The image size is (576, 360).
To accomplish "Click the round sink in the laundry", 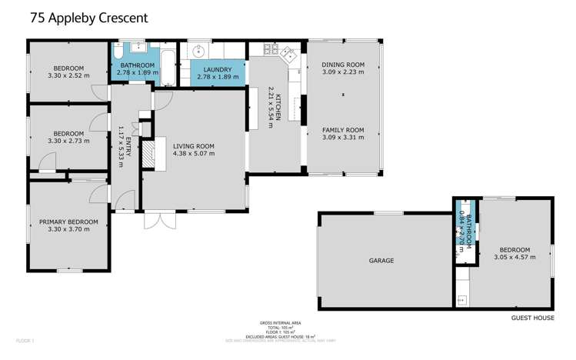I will tap(198, 52).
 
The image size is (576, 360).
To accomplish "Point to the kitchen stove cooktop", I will tap(271, 50).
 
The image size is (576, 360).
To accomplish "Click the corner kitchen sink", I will tap(290, 54).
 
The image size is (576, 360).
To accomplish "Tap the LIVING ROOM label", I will tap(194, 145).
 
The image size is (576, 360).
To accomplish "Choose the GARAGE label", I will tap(381, 261).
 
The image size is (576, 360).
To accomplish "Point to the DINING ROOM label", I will tap(342, 65).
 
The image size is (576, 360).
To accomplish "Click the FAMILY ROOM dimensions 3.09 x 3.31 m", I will tap(342, 138).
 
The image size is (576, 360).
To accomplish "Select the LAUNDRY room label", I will tap(212, 69).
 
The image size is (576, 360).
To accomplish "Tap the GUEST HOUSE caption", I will tap(532, 316).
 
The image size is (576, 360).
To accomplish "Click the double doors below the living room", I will tap(158, 220).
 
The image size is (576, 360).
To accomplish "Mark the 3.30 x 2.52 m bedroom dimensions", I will tap(68, 75).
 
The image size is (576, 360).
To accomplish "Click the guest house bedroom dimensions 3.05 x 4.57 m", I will tap(514, 258).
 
